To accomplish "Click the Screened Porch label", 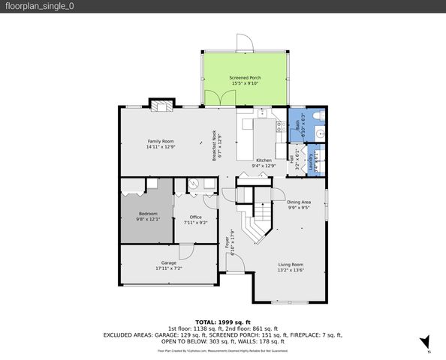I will [x=245, y=78].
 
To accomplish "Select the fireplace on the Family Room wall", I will [x=161, y=106].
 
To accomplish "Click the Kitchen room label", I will [x=264, y=160].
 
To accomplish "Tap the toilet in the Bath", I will [x=316, y=116].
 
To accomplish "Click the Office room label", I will [x=195, y=217].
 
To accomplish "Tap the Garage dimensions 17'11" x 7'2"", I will [x=168, y=268].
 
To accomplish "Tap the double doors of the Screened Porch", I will [x=216, y=98].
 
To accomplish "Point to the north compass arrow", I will [x=425, y=341].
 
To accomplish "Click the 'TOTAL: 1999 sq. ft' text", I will [x=222, y=321].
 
